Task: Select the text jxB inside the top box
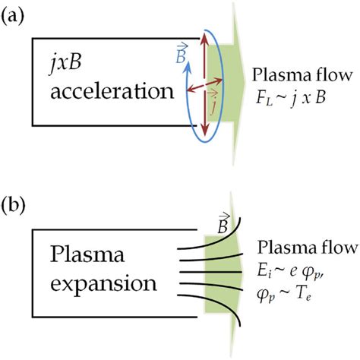pos(63,64)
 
